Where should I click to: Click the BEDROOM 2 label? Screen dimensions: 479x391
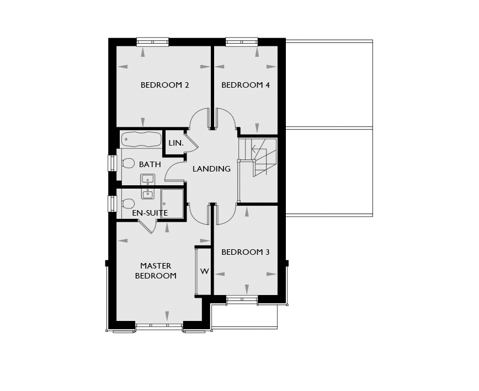coord(164,85)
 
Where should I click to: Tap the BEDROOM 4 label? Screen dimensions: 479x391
coord(246,85)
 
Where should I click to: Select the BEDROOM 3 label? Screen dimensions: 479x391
coord(246,252)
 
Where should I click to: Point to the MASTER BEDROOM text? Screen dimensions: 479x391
coord(156,271)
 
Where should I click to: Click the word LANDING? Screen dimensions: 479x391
coord(211,169)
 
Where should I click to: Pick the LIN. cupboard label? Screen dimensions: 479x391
coord(176,143)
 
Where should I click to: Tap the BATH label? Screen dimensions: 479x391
coord(150,164)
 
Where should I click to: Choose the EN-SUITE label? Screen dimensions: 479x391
coord(150,213)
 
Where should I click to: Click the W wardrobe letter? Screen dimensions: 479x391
coord(204,271)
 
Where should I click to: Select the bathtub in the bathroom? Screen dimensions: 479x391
coord(141,139)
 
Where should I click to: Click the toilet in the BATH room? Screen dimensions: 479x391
coord(127,163)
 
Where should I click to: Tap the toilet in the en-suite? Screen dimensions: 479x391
coord(127,203)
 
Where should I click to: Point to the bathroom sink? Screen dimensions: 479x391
coord(148,180)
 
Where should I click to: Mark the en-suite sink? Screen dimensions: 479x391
coord(148,194)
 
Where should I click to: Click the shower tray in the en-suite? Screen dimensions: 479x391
coord(172,204)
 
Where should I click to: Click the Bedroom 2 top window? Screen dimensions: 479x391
coord(152,42)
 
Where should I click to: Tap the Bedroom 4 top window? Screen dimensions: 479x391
coord(242,42)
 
